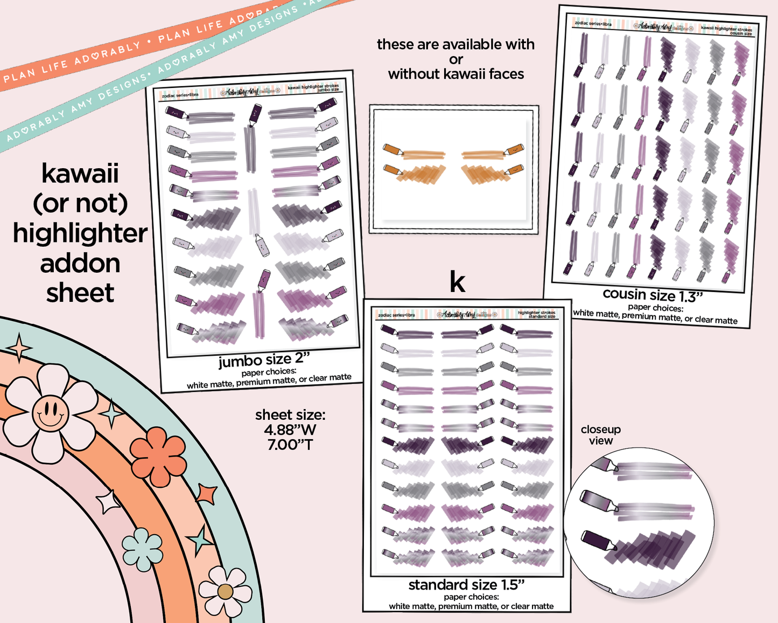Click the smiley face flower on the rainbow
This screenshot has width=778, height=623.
click(x=50, y=412)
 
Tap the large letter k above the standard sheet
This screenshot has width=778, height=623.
click(x=457, y=282)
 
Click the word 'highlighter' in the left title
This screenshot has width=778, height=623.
click(x=80, y=233)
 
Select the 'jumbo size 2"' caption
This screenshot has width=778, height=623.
click(x=264, y=360)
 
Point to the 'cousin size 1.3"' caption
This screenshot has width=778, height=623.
click(x=653, y=295)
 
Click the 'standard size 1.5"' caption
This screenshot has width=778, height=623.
click(x=466, y=585)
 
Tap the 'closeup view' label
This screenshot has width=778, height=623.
click(x=600, y=435)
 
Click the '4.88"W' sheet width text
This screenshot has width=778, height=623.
click(x=290, y=430)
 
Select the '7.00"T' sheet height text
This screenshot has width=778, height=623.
click(x=290, y=445)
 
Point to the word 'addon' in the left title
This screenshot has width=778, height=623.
click(x=80, y=264)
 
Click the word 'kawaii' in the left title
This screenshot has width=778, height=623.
click(x=80, y=174)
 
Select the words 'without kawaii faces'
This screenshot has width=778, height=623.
click(x=455, y=74)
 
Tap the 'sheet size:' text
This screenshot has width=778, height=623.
click(x=290, y=415)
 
